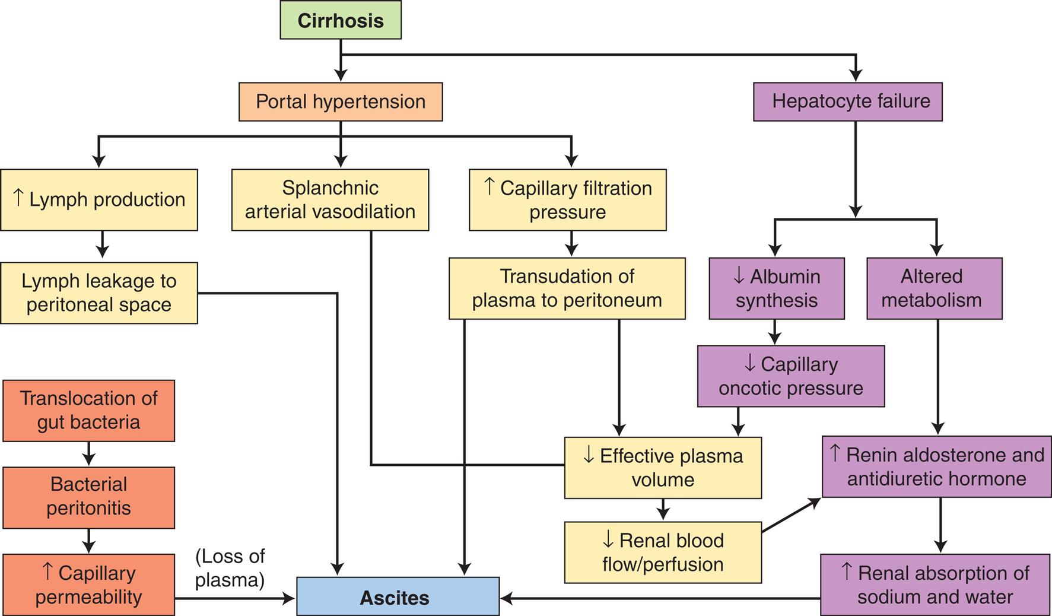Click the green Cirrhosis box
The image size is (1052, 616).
point(341,20)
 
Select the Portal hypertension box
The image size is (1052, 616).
point(341,101)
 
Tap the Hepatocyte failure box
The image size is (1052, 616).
point(847,101)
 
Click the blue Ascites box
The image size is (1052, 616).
point(398,597)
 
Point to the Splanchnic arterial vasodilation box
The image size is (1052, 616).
point(330,200)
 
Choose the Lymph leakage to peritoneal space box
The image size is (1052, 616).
point(98,293)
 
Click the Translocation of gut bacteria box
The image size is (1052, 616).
point(88,411)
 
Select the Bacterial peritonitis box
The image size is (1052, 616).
point(88,497)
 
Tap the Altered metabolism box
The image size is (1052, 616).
point(934,288)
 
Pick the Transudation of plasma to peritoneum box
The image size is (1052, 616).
point(567,288)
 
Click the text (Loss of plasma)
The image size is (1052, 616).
point(230,568)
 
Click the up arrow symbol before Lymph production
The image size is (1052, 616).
point(18,198)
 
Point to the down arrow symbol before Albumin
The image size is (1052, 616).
point(739,275)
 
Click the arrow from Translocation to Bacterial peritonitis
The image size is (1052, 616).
point(89,454)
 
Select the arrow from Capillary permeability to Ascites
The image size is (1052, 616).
point(234,598)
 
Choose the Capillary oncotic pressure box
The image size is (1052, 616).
point(790,376)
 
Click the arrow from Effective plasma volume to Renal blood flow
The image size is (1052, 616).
point(663,510)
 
